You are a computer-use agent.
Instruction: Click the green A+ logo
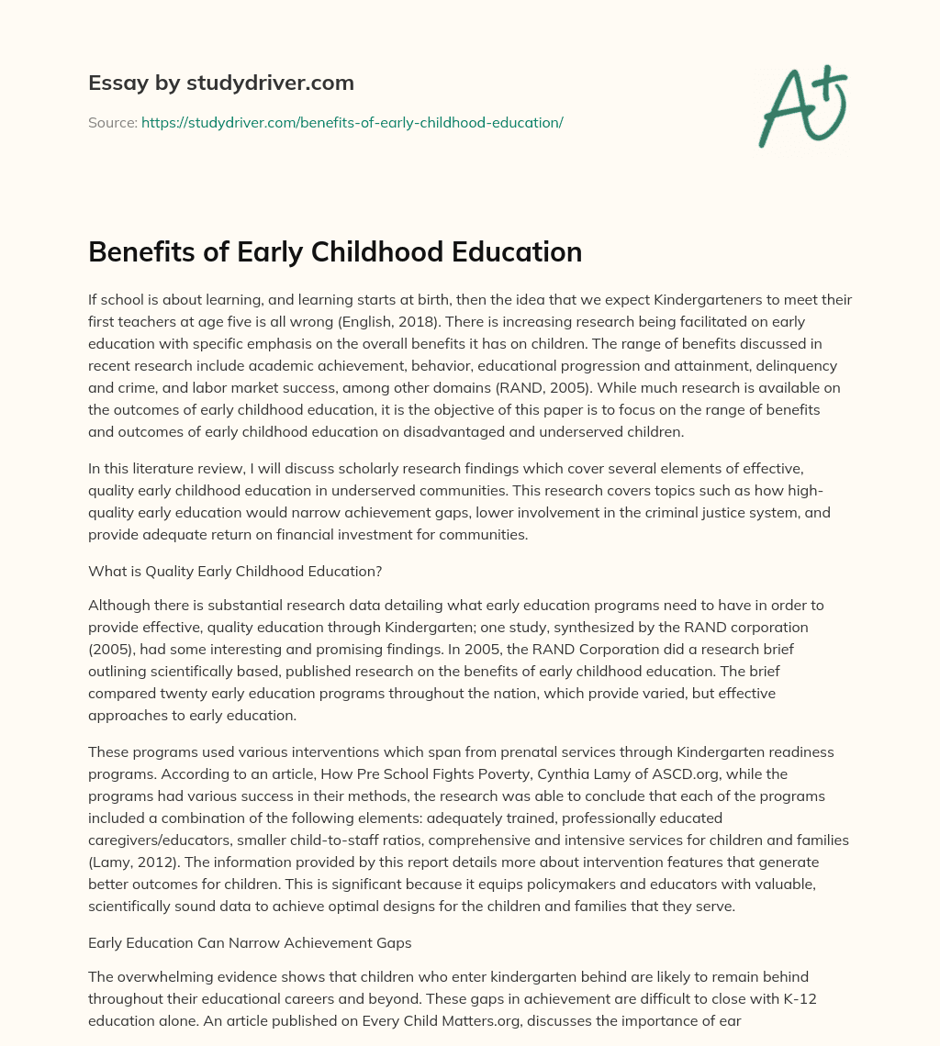click(802, 106)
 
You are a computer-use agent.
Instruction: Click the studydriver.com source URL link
click(352, 122)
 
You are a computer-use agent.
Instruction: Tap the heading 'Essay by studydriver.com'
click(221, 83)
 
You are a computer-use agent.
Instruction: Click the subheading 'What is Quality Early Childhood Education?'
click(235, 571)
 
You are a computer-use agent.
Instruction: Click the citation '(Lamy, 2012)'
click(129, 862)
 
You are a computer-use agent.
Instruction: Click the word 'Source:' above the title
click(112, 122)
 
